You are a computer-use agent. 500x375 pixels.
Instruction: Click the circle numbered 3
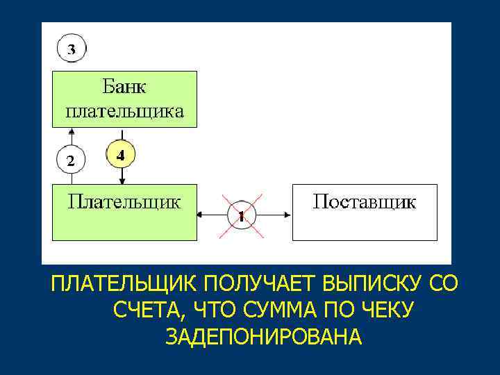(x=72, y=49)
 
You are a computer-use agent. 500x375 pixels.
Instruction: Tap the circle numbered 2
(x=70, y=160)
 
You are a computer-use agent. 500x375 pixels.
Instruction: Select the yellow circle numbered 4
(x=121, y=156)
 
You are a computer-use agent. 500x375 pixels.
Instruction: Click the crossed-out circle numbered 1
(x=241, y=215)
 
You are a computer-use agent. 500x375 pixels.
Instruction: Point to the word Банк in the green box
(x=125, y=88)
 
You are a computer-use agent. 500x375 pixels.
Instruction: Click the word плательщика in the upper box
(x=125, y=111)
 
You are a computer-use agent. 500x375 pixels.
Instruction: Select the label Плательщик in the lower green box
(x=124, y=202)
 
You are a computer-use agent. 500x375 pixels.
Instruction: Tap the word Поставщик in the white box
(x=365, y=202)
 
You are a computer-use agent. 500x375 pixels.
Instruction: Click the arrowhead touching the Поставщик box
(x=288, y=215)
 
